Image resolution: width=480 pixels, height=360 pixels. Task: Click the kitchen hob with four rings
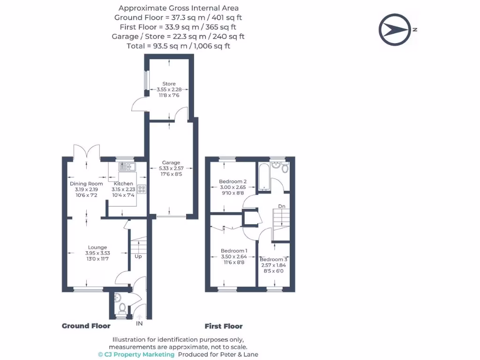(x=142, y=190)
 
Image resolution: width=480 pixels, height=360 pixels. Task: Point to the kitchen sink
(x=126, y=166)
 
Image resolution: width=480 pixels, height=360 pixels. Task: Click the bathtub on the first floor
(x=264, y=177)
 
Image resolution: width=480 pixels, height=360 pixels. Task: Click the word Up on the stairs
(x=138, y=257)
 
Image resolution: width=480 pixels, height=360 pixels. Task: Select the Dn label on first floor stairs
(x=282, y=206)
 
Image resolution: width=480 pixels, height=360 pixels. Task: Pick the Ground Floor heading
(x=86, y=326)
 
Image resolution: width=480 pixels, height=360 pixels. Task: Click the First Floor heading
(x=224, y=326)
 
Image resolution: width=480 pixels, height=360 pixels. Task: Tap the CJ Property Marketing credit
(x=136, y=354)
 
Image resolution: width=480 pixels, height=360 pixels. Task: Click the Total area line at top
(x=178, y=46)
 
